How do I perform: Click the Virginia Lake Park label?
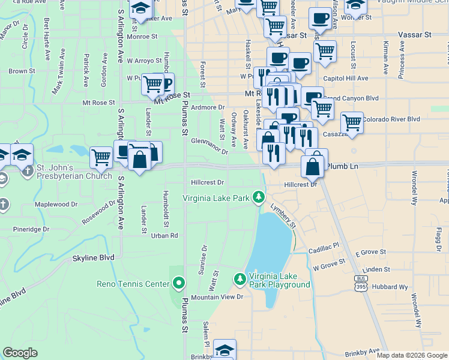pyautogui.click(x=216, y=197)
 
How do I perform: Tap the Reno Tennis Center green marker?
pyautogui.click(x=178, y=283)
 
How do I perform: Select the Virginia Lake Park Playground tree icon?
pyautogui.click(x=240, y=278)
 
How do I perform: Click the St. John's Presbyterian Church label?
pyautogui.click(x=74, y=172)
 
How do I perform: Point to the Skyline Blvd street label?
pyautogui.click(x=93, y=258)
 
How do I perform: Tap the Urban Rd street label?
pyautogui.click(x=166, y=236)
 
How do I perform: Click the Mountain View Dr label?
pyautogui.click(x=217, y=297)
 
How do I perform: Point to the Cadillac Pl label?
pyautogui.click(x=324, y=246)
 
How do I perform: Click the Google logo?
pyautogui.click(x=21, y=353)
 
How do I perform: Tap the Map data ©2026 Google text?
pyautogui.click(x=411, y=355)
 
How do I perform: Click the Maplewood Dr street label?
pyautogui.click(x=56, y=205)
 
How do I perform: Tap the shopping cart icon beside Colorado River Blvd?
pyautogui.click(x=352, y=123)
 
